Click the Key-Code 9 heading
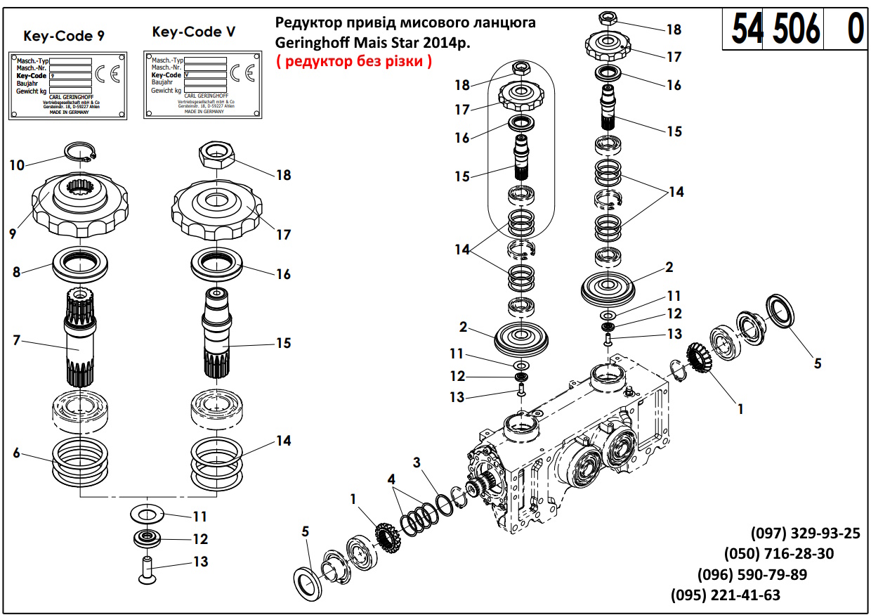pyautogui.click(x=64, y=36)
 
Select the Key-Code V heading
pyautogui.click(x=193, y=32)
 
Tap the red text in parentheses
pyautogui.click(x=354, y=61)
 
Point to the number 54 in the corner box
pyautogui.click(x=747, y=30)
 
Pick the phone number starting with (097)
pyautogui.click(x=805, y=533)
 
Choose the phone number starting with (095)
pyautogui.click(x=726, y=595)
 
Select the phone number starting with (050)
pyautogui.click(x=779, y=554)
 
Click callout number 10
pyautogui.click(x=18, y=165)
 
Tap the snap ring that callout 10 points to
pyautogui.click(x=81, y=152)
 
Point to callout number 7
pyautogui.click(x=16, y=341)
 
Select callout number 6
pyautogui.click(x=16, y=453)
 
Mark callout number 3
pyautogui.click(x=417, y=462)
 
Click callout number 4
pyautogui.click(x=391, y=479)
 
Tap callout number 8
pyautogui.click(x=16, y=271)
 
